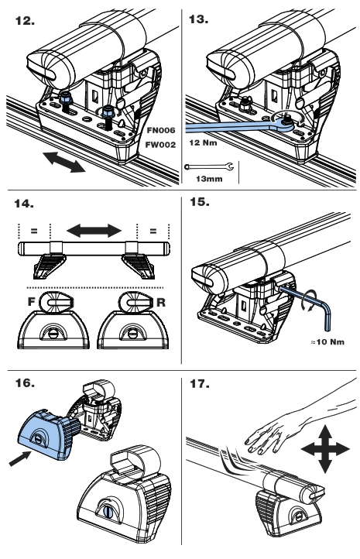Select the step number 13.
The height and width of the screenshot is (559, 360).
[x=199, y=18]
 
